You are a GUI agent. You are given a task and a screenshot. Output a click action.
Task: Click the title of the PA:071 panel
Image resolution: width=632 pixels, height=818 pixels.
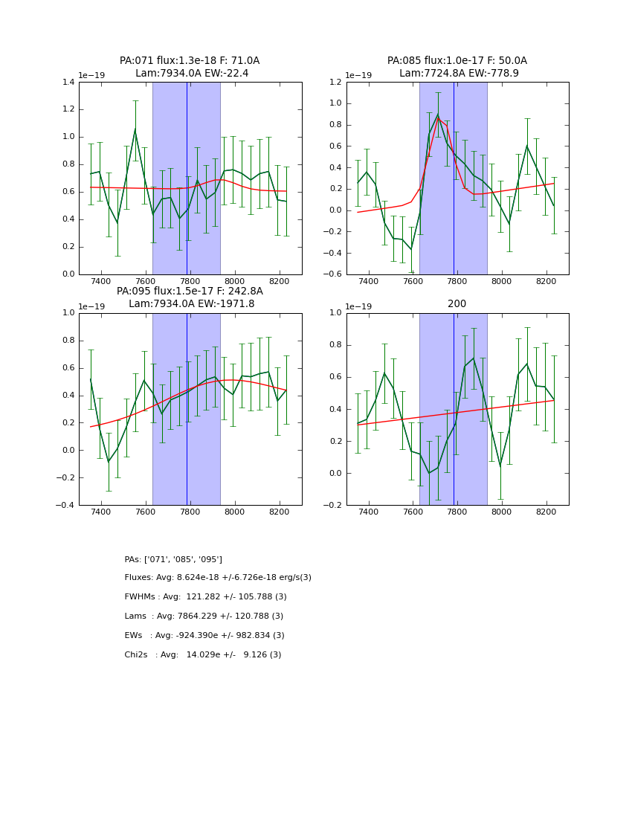[x=190, y=61]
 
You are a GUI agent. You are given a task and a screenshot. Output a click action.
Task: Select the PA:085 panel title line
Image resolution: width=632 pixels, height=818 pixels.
[x=457, y=61]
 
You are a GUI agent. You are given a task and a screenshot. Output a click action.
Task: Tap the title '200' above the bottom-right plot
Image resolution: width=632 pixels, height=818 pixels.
[x=457, y=303]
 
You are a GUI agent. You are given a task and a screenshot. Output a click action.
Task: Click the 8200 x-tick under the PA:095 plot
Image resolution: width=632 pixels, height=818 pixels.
[x=279, y=512]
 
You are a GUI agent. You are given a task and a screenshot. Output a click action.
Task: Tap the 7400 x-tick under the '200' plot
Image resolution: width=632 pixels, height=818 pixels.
[x=368, y=512]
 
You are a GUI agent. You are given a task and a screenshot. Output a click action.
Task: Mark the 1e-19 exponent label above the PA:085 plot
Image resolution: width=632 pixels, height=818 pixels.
[x=359, y=75]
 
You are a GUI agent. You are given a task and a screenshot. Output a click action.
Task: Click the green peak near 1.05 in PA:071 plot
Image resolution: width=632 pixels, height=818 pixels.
[x=135, y=129]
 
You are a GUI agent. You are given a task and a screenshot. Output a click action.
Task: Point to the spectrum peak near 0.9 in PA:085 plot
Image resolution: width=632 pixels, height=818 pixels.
[x=438, y=114]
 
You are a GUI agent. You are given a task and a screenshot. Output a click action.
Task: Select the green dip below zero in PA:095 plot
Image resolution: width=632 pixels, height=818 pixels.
[x=109, y=462]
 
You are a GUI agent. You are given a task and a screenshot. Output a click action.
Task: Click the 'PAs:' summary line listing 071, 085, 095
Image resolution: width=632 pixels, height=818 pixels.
[x=173, y=559]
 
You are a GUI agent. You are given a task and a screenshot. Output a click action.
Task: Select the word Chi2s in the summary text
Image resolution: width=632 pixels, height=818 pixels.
[x=137, y=655]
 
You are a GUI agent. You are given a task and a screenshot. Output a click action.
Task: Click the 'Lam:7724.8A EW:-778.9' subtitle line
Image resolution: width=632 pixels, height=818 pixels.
[x=459, y=74]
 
